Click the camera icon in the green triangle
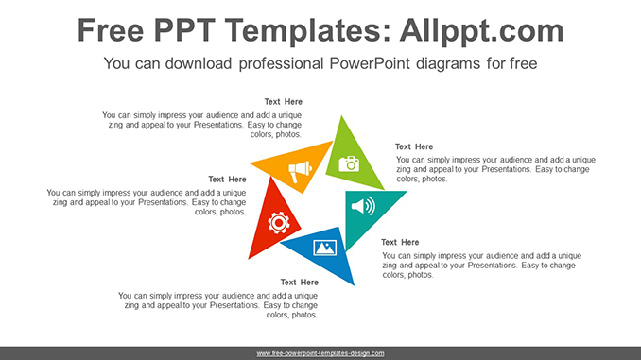[350, 163]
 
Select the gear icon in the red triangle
[278, 222]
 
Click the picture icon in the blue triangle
[324, 248]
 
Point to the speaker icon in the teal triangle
[364, 205]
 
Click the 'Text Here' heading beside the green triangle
[414, 146]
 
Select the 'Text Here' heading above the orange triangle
[283, 101]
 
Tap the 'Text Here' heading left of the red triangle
[227, 179]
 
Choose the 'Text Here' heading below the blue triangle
[299, 282]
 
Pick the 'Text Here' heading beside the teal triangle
[400, 242]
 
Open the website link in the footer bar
[320, 353]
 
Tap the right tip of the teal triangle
[407, 192]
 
